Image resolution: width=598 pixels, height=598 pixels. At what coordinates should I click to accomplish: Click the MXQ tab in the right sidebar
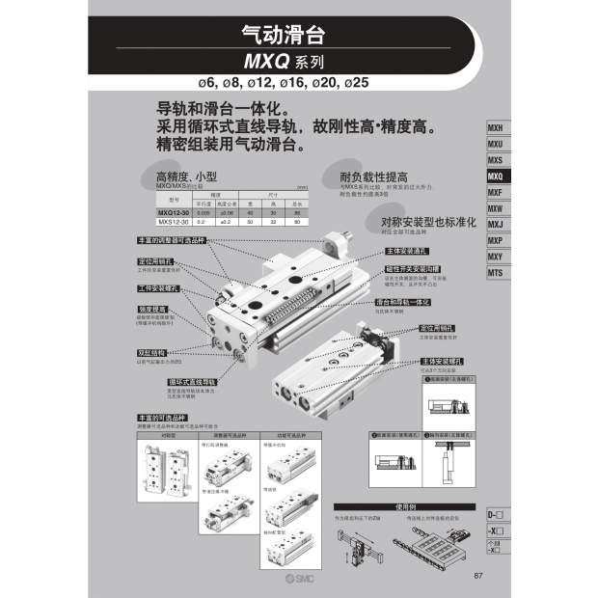click(496, 177)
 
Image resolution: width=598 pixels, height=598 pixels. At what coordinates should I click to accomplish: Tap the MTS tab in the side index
click(496, 273)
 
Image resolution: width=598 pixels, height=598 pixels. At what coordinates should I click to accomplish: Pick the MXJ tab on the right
click(496, 225)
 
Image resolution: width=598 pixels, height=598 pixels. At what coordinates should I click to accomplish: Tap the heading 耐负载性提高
click(373, 177)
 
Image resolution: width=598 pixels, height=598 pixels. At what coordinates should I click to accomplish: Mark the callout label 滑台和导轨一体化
click(402, 302)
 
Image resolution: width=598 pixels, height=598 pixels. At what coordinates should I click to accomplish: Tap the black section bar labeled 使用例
click(405, 507)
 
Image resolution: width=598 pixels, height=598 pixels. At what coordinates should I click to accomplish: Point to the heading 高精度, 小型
click(187, 177)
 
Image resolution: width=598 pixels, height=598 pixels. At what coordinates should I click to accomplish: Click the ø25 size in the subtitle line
click(355, 81)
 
